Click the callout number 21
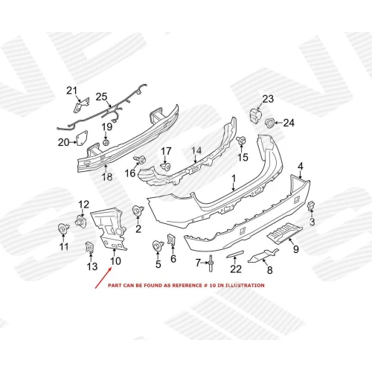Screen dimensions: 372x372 (x=71, y=91)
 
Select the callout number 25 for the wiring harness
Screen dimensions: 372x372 (x=101, y=97)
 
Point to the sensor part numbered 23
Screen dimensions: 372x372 (x=255, y=115)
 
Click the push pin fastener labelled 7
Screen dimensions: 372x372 (x=211, y=263)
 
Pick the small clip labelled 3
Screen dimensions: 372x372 (x=311, y=206)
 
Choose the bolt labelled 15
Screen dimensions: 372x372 (x=241, y=140)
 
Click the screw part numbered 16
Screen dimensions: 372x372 (x=140, y=159)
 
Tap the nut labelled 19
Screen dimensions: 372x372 (x=106, y=142)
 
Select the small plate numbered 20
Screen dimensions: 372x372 (x=81, y=138)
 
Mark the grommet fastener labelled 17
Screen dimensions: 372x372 (x=165, y=167)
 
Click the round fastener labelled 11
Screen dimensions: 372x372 (x=63, y=228)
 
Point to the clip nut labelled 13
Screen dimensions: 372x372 (x=90, y=247)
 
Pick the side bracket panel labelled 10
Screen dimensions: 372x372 (x=109, y=229)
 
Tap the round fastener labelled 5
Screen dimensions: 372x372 (x=158, y=246)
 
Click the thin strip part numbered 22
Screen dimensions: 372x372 (x=235, y=254)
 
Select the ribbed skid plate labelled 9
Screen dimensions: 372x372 (x=285, y=232)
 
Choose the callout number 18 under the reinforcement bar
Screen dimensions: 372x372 (x=107, y=177)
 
